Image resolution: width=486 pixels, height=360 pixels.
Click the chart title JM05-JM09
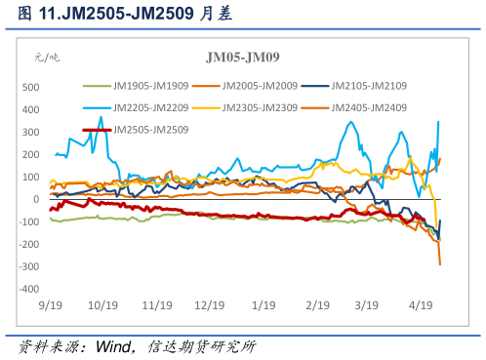[x=241, y=58]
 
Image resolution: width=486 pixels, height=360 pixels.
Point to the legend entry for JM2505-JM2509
[x=148, y=129]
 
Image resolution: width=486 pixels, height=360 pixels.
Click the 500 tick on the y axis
[x=30, y=87]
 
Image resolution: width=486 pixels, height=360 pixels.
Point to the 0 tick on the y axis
[x=35, y=199]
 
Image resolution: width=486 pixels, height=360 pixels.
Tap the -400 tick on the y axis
[x=28, y=289]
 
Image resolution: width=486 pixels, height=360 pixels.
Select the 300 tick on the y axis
[x=30, y=132]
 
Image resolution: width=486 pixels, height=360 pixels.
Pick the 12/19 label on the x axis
[x=209, y=305]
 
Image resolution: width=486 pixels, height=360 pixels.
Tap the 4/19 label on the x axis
[x=422, y=305]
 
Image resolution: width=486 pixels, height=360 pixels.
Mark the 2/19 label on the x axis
[x=316, y=305]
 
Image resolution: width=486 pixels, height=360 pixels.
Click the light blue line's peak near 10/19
[x=101, y=118]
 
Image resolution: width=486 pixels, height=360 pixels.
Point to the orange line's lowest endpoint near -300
[x=440, y=264]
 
